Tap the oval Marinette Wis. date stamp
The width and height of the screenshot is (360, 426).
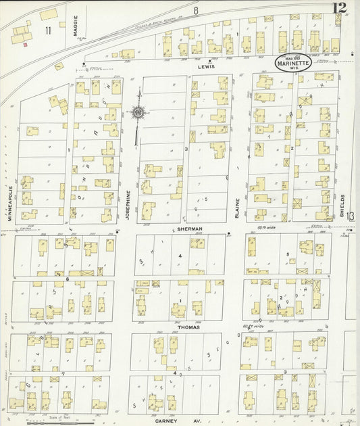click(x=293, y=64)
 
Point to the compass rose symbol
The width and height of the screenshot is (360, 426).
click(x=138, y=112)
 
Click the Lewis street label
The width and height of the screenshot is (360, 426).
click(x=206, y=67)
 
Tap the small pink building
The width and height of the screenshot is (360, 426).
click(x=26, y=45)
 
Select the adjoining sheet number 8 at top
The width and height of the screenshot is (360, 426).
click(x=196, y=10)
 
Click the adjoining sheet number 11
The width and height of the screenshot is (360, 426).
click(x=48, y=30)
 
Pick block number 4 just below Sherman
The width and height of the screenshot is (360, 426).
click(x=180, y=256)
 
